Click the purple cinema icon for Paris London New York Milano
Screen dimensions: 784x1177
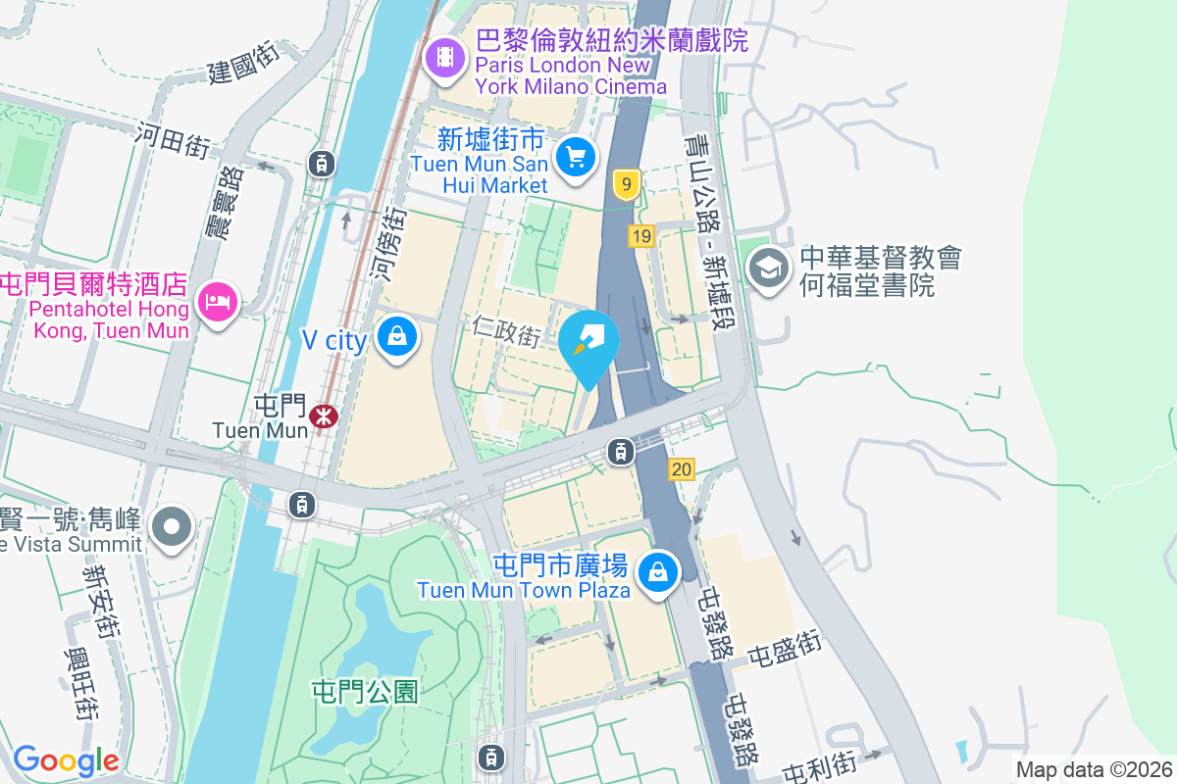point(446,56)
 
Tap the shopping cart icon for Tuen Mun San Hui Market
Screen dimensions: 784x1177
point(575,156)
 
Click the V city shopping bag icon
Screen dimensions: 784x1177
point(397,337)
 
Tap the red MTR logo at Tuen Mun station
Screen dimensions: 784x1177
point(323,416)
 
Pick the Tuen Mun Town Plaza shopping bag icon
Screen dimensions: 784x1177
point(658,570)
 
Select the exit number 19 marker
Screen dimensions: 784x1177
point(641,236)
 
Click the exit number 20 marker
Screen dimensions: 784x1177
point(682,470)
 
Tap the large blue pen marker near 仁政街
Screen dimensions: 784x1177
point(589,344)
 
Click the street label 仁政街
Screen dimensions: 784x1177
point(505,329)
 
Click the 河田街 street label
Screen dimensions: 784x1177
point(174,140)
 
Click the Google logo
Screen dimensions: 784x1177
point(66,760)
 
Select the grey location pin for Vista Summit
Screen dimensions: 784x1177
point(172,526)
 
